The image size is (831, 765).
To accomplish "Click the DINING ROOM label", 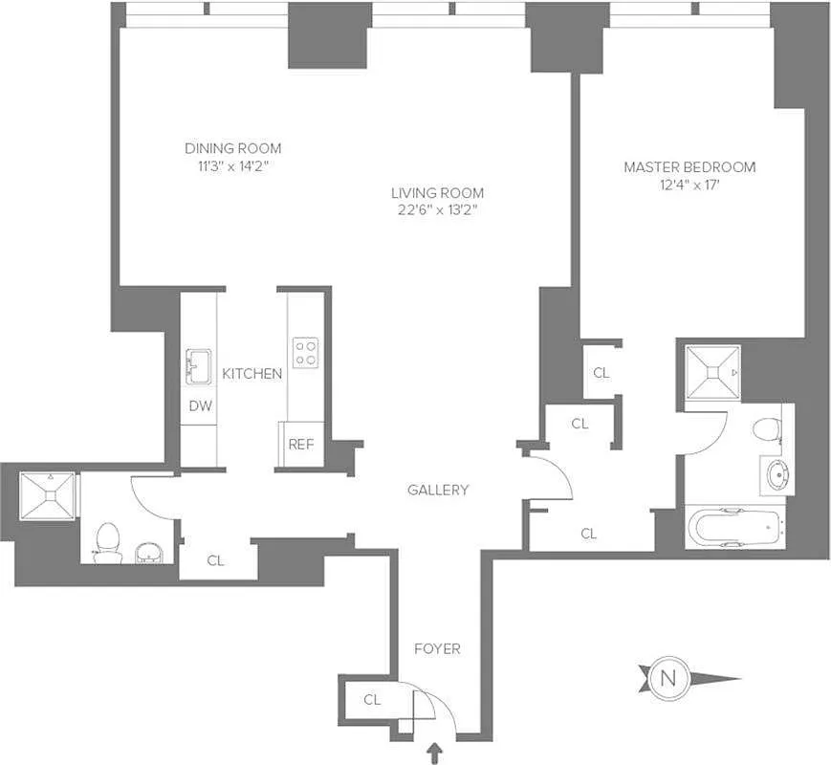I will click(x=232, y=148).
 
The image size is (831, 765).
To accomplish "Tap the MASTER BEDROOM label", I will click(x=689, y=167).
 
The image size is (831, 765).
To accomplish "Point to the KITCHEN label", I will click(x=251, y=373).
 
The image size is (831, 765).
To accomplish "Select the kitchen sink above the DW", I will click(x=199, y=366).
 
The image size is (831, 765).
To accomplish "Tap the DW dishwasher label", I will click(x=199, y=406).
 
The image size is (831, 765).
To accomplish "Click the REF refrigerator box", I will click(x=301, y=445).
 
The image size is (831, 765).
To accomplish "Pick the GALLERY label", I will click(x=438, y=490).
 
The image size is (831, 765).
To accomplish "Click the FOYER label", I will click(x=437, y=648).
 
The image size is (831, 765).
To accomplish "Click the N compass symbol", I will click(x=667, y=679).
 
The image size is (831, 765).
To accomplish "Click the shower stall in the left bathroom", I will click(x=48, y=495).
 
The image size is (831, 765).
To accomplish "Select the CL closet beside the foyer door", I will click(x=372, y=700).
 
